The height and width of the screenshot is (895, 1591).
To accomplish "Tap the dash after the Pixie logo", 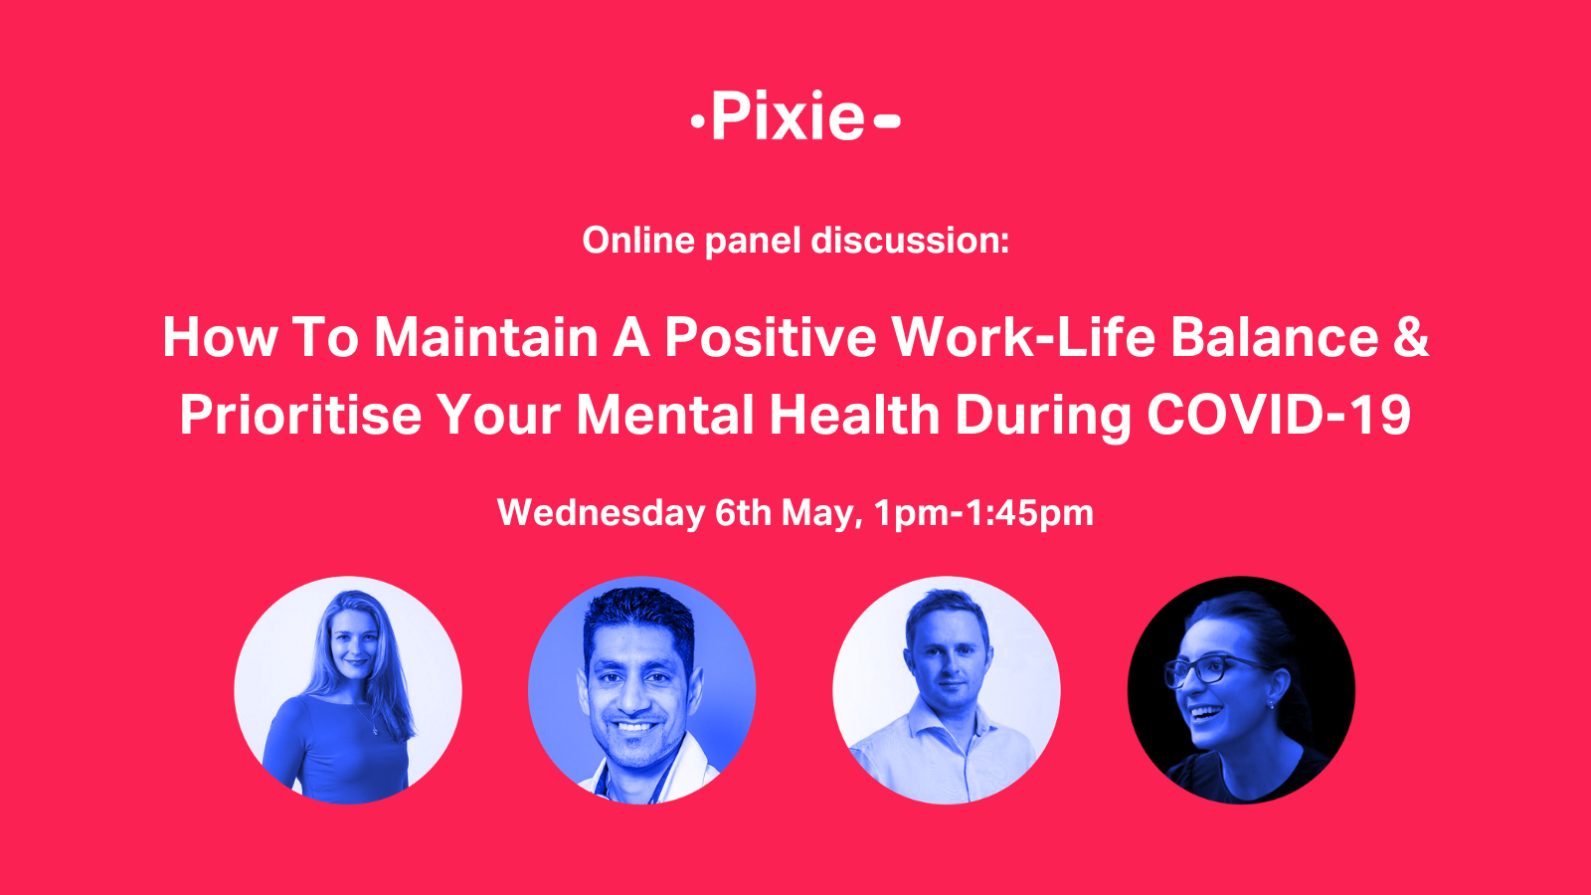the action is pyautogui.click(x=887, y=120).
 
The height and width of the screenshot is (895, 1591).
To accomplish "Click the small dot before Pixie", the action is pyautogui.click(x=697, y=121).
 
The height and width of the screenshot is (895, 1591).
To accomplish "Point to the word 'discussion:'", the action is pyautogui.click(x=910, y=240).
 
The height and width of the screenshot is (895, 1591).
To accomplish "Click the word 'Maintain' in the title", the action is pyautogui.click(x=486, y=337).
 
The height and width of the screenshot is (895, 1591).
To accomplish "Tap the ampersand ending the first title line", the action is pyautogui.click(x=1411, y=337).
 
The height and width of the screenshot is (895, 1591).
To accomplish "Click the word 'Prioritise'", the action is pyautogui.click(x=300, y=415).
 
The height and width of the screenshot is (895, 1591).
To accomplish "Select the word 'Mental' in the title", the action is pyautogui.click(x=665, y=415).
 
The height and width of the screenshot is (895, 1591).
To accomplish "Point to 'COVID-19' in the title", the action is pyautogui.click(x=1279, y=415).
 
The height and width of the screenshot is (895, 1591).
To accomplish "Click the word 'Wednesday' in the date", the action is pyautogui.click(x=601, y=513).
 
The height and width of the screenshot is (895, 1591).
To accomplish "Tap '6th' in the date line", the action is pyautogui.click(x=743, y=513).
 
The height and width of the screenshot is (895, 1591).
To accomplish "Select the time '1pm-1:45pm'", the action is pyautogui.click(x=983, y=513).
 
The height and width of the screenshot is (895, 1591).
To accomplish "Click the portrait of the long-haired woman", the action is pyautogui.click(x=348, y=690).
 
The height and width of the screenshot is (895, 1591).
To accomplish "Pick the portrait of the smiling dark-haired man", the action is pyautogui.click(x=642, y=690).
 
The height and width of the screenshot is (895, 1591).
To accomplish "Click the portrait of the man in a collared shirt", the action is pyautogui.click(x=947, y=690).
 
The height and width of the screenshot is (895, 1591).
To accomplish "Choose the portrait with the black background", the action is pyautogui.click(x=1242, y=690).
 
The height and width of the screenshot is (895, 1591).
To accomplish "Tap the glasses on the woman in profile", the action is pyautogui.click(x=1207, y=670).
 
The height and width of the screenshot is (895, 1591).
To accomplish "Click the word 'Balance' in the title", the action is pyautogui.click(x=1275, y=337).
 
